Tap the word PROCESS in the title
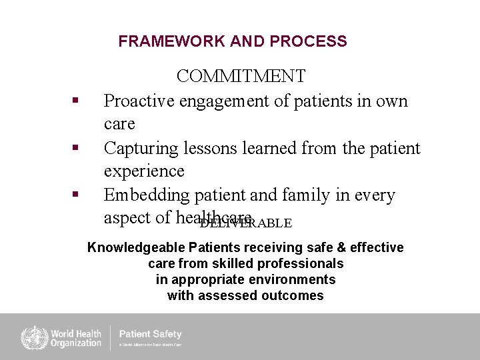[309, 41]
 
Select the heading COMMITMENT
[241, 77]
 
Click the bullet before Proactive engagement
[76, 100]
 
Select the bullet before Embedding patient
[76, 194]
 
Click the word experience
[143, 171]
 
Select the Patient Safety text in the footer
[150, 334]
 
